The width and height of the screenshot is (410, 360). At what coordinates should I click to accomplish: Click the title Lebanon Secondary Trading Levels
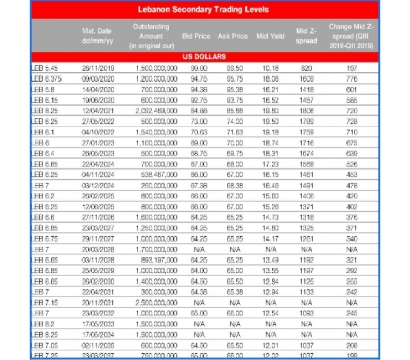(x=203, y=10)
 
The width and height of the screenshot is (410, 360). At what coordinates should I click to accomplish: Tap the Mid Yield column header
(x=270, y=36)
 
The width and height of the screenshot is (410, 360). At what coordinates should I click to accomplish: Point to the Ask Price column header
(x=233, y=36)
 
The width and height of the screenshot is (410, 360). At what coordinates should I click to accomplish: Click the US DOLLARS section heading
(x=204, y=57)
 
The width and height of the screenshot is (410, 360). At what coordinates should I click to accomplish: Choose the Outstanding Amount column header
(x=151, y=36)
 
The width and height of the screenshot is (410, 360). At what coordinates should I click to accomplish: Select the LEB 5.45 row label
(x=46, y=68)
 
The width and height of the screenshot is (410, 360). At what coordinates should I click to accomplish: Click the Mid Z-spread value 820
(x=306, y=68)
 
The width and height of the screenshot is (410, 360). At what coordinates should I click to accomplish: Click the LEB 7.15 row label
(x=45, y=303)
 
